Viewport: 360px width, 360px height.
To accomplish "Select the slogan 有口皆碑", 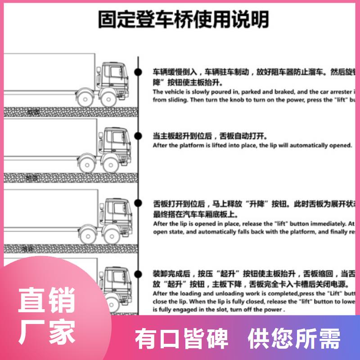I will (x=182, y=338).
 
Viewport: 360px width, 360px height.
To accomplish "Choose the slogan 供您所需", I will (x=294, y=338).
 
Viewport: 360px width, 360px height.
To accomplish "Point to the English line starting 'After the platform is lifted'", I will (x=252, y=145).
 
